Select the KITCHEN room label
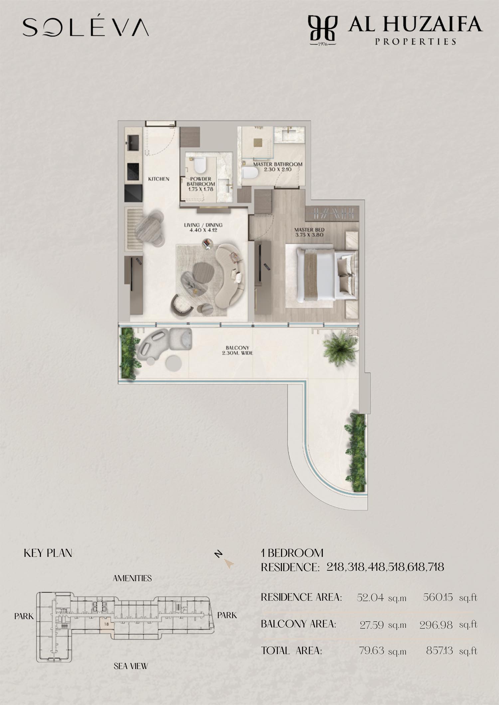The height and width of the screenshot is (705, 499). [159, 179]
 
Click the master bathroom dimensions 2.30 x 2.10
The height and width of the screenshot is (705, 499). [278, 169]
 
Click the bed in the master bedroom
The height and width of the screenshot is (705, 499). [321, 273]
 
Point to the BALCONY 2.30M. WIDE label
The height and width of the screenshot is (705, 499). [237, 350]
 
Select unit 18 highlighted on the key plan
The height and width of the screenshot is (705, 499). [107, 624]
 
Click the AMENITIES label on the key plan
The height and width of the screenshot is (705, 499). [132, 578]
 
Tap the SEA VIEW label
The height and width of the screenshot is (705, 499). [131, 666]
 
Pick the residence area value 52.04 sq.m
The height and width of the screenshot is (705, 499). [382, 598]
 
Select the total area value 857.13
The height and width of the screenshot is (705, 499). [439, 650]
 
